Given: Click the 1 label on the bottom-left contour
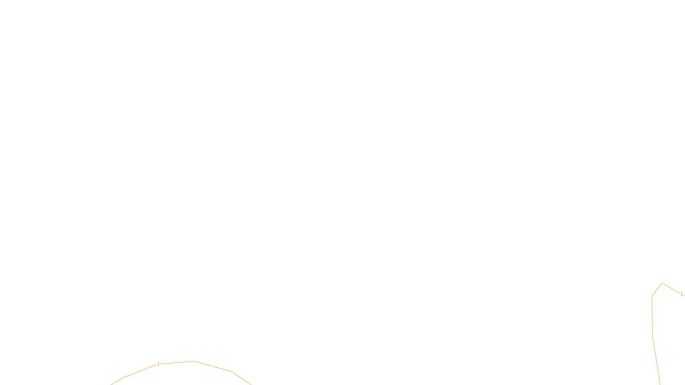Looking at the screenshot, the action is coord(158,364).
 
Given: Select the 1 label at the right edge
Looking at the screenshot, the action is coord(682,294).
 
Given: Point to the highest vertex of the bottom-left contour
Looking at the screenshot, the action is coord(194,361).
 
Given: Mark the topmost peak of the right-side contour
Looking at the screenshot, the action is coord(662,283).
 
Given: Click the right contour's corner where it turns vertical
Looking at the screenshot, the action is coord(652,296).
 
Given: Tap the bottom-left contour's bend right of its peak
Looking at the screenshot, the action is coord(231,371).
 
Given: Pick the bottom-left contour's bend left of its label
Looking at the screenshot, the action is coord(123,378).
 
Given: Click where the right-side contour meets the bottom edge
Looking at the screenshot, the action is coord(660,384).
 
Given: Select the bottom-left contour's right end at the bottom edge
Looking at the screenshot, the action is coord(251,384).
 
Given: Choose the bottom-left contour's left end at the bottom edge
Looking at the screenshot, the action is coord(111,384).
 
